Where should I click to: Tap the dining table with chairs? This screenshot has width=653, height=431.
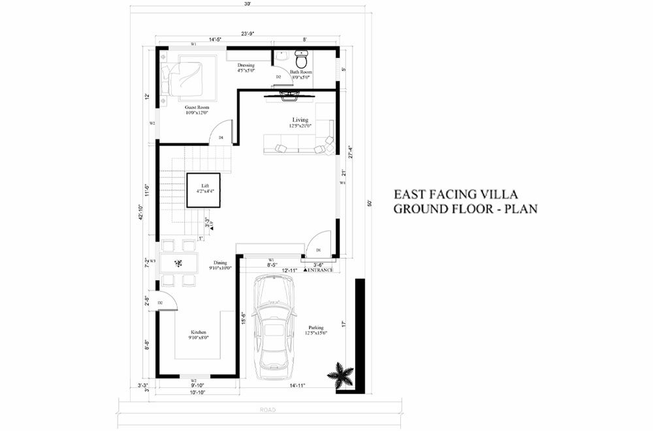click(179, 264)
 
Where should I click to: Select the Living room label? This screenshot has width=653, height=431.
click(300, 120)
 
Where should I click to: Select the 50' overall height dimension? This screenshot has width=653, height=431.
click(370, 203)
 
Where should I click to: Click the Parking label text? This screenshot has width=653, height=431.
click(316, 328)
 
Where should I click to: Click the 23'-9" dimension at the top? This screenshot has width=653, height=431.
click(247, 33)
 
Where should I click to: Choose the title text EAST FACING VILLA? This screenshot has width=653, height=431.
click(455, 195)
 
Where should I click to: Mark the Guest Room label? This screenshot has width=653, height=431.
click(197, 108)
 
